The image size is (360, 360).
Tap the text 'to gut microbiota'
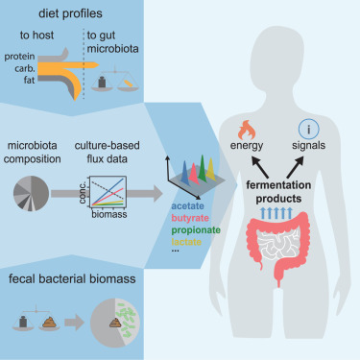[x=113, y=44]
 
